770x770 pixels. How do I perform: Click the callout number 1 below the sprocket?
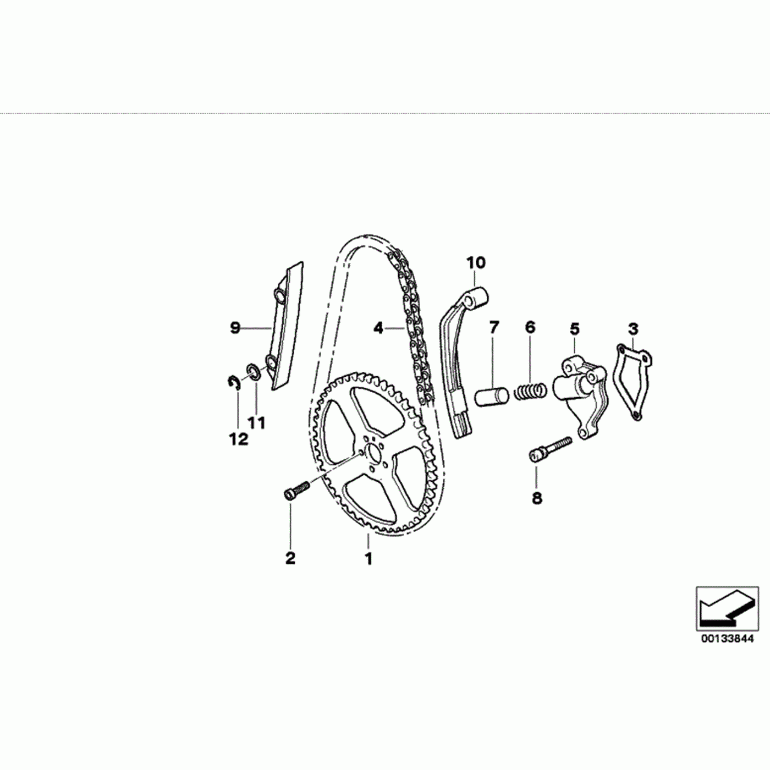pyautogui.click(x=369, y=558)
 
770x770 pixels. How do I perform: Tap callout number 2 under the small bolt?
pyautogui.click(x=290, y=558)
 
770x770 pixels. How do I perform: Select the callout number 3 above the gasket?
pyautogui.click(x=633, y=329)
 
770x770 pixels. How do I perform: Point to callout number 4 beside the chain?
pyautogui.click(x=378, y=328)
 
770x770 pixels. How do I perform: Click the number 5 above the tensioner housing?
pyautogui.click(x=574, y=329)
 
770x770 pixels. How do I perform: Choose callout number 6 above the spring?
pyautogui.click(x=530, y=328)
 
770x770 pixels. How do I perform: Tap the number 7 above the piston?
pyautogui.click(x=494, y=328)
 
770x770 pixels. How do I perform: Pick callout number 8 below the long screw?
pyautogui.click(x=537, y=498)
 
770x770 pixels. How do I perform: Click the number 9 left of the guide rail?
pyautogui.click(x=235, y=328)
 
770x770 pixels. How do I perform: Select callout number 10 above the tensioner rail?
pyautogui.click(x=476, y=263)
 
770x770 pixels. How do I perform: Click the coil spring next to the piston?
pyautogui.click(x=530, y=392)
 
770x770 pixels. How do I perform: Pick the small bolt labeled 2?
pyautogui.click(x=295, y=490)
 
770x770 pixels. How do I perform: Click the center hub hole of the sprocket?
pyautogui.click(x=374, y=453)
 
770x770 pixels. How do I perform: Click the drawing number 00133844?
pyautogui.click(x=727, y=639)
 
